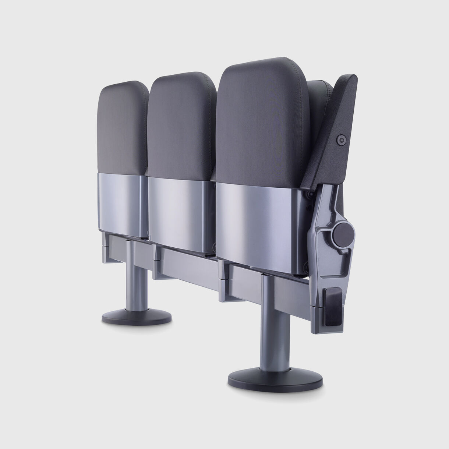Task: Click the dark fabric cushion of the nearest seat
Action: click(x=262, y=121)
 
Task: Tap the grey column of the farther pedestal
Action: click(x=137, y=283)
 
